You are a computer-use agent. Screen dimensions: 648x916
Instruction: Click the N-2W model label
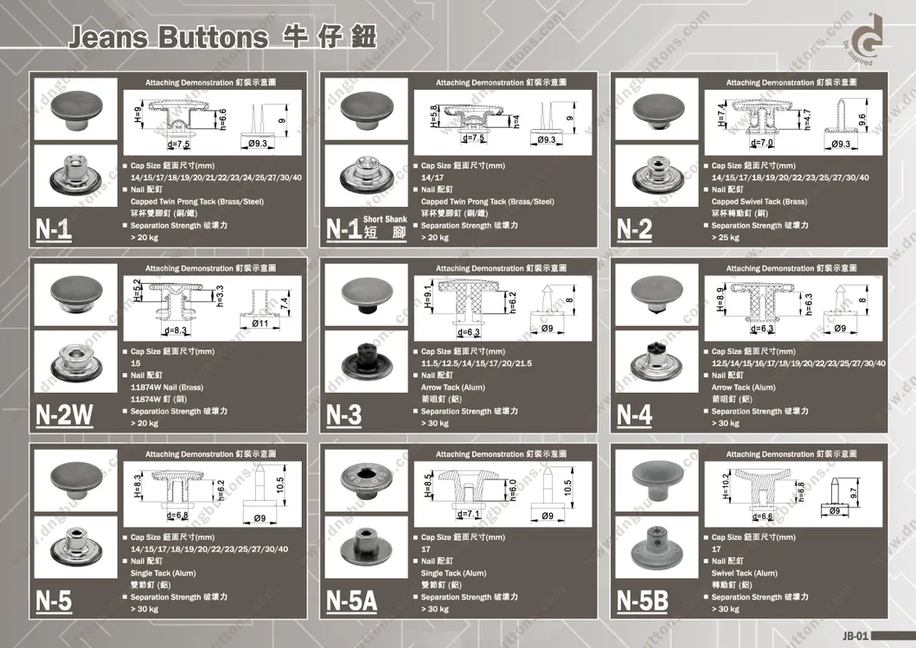65,416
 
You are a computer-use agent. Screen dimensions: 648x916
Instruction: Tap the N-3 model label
344,416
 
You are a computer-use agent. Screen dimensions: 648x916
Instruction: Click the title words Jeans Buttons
168,38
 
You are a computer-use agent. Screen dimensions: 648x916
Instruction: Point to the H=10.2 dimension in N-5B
725,486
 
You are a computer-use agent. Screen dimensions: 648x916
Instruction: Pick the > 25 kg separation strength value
726,237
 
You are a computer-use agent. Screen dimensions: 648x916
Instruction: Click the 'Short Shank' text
385,220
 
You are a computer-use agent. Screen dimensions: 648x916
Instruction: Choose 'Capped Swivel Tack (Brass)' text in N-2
759,202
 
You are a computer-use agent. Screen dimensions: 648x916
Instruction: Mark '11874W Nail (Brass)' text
167,388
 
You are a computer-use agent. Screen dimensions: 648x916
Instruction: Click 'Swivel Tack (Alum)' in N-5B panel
744,573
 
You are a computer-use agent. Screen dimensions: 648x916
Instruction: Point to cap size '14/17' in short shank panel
432,177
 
